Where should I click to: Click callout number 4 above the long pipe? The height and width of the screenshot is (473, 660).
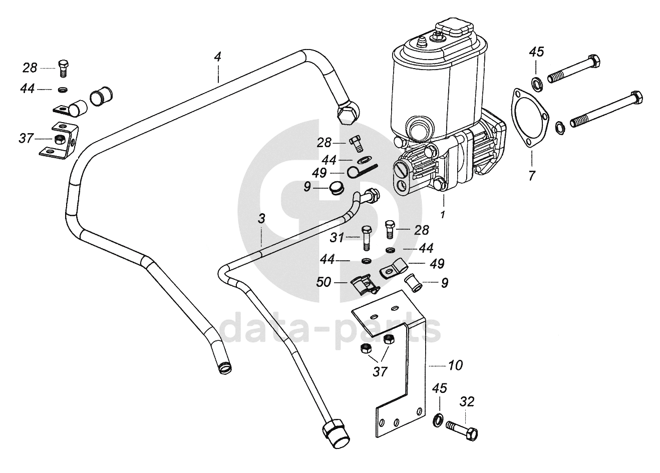217,57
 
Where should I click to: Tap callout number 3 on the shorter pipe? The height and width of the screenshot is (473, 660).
261,219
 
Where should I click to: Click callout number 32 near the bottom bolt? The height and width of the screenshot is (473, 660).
466,402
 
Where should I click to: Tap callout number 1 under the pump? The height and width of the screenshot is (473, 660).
443,215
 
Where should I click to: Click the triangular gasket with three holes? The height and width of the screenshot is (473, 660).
528,118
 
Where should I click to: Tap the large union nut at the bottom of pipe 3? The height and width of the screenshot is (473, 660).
335,433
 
